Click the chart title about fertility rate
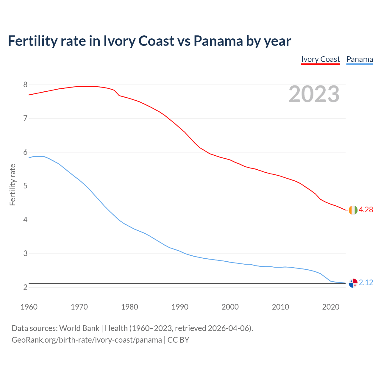149,41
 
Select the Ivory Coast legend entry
320,59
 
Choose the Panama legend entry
360,59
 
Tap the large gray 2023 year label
314,94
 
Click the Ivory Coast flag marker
353,210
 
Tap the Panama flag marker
353,283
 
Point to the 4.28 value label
366,210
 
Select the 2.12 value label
366,283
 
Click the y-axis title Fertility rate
13,185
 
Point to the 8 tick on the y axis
25,85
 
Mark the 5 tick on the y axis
25,186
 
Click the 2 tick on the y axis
25,288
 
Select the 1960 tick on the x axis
29,307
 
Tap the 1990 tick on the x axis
180,307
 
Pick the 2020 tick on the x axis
331,307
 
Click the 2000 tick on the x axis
230,307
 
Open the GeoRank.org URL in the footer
87,340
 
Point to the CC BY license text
178,340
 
